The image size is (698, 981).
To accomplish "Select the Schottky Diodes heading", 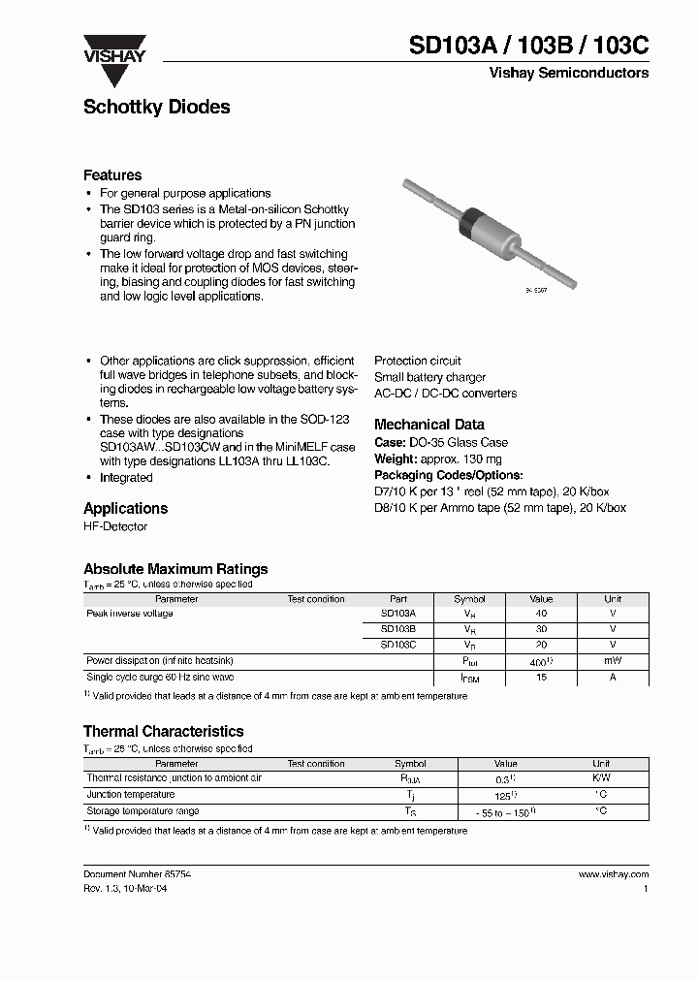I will click(x=156, y=108).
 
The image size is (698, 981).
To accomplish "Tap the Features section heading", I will click(x=112, y=175).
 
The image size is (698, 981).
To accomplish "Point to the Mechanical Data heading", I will click(x=428, y=425).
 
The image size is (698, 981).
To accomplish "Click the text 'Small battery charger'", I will click(x=429, y=377).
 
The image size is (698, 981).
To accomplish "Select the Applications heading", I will click(x=125, y=509).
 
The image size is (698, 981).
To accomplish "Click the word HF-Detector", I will click(x=115, y=527).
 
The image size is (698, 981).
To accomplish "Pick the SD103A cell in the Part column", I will click(x=397, y=614).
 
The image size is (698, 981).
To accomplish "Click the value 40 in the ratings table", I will click(x=541, y=614).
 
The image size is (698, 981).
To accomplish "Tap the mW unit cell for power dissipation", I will click(x=613, y=661).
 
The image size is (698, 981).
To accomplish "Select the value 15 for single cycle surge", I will click(x=541, y=678).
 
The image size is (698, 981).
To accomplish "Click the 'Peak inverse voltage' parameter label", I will click(x=130, y=614).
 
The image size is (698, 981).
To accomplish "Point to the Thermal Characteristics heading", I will click(x=163, y=732).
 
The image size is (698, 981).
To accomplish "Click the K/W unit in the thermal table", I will click(x=601, y=778).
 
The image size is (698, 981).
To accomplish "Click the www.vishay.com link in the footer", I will click(x=613, y=874).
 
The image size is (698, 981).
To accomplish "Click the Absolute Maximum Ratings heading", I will click(x=175, y=569).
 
